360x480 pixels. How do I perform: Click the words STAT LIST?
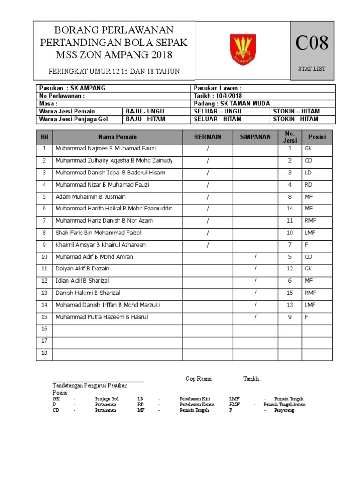click(x=312, y=69)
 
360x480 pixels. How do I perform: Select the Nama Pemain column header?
click(x=118, y=137)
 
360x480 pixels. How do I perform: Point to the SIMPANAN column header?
click(x=255, y=137)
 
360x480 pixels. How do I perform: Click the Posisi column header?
click(x=317, y=137)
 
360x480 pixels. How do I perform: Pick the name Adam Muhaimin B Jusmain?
click(x=90, y=197)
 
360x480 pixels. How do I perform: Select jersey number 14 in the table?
click(x=290, y=209)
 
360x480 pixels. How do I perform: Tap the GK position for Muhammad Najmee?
click(x=308, y=149)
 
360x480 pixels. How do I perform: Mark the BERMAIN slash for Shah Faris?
click(x=207, y=232)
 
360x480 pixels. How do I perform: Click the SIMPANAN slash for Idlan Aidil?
click(x=255, y=281)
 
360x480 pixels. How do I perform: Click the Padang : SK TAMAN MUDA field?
click(x=232, y=104)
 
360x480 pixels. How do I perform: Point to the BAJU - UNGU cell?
click(x=143, y=111)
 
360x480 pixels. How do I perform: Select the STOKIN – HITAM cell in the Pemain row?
click(x=296, y=111)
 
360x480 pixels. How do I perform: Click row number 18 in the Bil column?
click(x=45, y=353)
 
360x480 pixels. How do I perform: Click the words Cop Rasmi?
click(x=195, y=379)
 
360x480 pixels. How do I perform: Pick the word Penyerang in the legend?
click(x=285, y=410)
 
